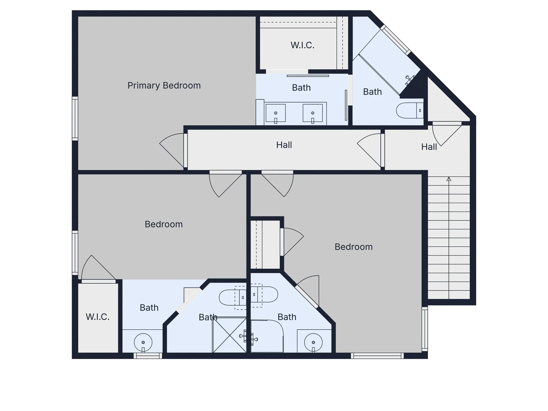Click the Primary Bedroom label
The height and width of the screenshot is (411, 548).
tap(164, 86)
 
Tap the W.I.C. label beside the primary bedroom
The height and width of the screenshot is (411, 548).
tap(302, 45)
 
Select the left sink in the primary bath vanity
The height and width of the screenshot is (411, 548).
tap(276, 113)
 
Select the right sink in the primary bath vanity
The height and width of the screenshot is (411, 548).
tap(313, 113)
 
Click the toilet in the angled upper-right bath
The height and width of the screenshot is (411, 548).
tap(410, 110)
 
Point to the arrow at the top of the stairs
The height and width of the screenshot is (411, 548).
tap(449, 179)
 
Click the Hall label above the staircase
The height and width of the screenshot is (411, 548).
tap(429, 147)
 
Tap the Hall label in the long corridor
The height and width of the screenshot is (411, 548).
tap(284, 145)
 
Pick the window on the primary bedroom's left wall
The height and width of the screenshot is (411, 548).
tap(75, 119)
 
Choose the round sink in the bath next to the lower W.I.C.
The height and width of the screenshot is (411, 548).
tap(143, 342)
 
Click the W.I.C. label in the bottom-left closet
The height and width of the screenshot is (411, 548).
tap(98, 317)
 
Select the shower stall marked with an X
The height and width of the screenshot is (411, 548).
tap(230, 335)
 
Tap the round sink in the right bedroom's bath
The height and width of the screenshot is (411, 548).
tap(313, 342)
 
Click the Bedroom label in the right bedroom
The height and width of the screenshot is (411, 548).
tap(353, 247)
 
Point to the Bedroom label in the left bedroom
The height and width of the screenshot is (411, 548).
tap(163, 224)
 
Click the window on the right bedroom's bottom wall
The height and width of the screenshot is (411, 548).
tap(377, 356)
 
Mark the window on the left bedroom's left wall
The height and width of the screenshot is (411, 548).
tap(75, 253)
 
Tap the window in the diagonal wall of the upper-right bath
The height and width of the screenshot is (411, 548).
tap(395, 40)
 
